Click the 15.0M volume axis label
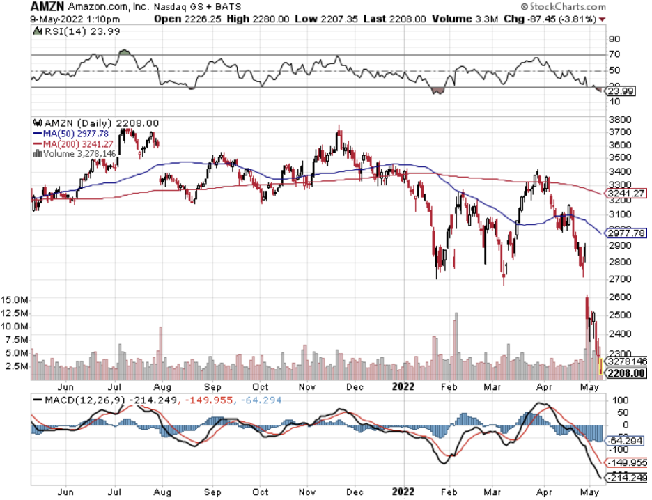click(15, 300)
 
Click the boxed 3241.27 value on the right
click(625, 194)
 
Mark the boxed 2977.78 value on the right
click(625, 233)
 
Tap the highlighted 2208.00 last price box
click(625, 373)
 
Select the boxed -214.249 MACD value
click(625, 477)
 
